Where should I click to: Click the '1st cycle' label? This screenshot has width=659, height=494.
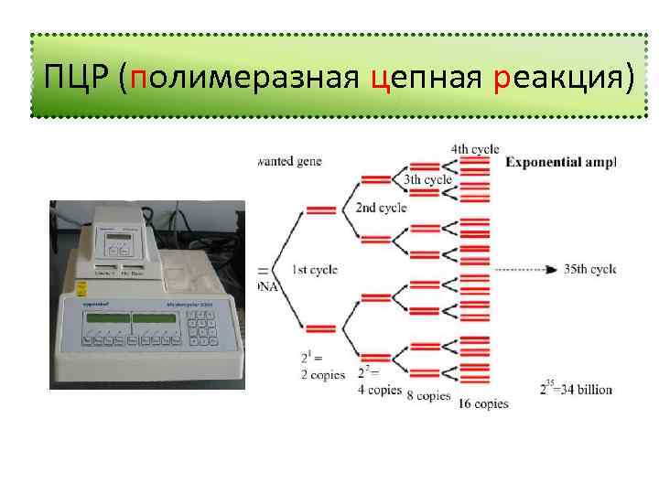[x=314, y=270]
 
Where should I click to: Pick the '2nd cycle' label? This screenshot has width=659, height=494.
[x=381, y=209]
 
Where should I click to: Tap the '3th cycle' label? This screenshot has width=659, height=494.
[x=427, y=180]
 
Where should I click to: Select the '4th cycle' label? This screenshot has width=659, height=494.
[x=475, y=149]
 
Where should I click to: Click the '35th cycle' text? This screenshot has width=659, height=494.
[x=589, y=270]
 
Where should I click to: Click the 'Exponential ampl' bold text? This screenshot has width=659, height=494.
[x=561, y=163]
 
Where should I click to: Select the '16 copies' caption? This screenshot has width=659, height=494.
[x=483, y=403]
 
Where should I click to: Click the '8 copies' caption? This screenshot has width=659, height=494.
[x=428, y=396]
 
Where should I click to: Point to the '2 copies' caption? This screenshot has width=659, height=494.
[x=322, y=375]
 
